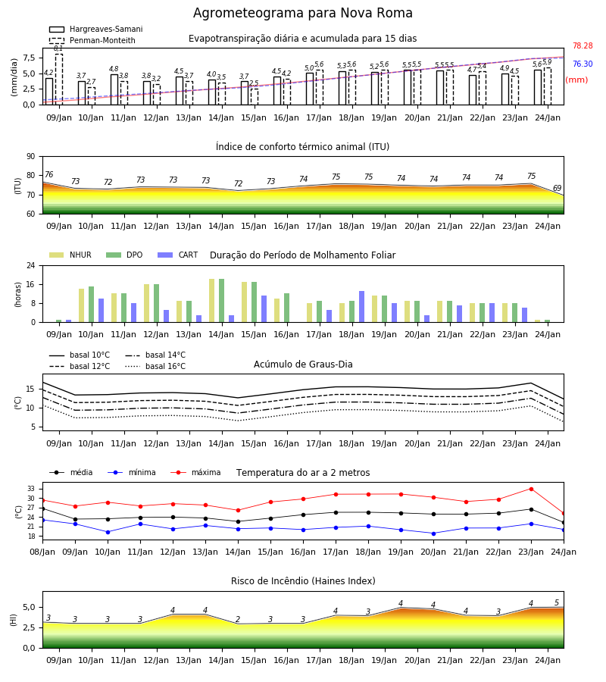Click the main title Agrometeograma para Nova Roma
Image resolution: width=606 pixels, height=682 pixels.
pyautogui.click(x=302, y=13)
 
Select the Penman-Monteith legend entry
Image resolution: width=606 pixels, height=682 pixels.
pyautogui.click(x=92, y=40)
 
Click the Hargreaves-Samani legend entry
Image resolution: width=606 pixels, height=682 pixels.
pyautogui.click(x=96, y=29)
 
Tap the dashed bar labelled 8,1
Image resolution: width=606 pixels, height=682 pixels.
pyautogui.click(x=58, y=79)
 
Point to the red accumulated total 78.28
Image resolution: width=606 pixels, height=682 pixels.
pyautogui.click(x=583, y=45)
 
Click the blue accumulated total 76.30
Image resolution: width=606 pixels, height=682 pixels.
pyautogui.click(x=583, y=64)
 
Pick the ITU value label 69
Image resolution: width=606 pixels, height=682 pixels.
pyautogui.click(x=557, y=189)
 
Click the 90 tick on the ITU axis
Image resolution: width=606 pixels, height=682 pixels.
pyautogui.click(x=31, y=157)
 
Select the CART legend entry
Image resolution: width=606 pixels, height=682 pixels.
pyautogui.click(x=178, y=255)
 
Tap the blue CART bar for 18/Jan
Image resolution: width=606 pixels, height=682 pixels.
pyautogui.click(x=361, y=307)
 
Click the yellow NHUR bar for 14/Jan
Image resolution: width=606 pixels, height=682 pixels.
pyautogui.click(x=211, y=301)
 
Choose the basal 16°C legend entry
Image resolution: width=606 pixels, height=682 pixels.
pyautogui.click(x=155, y=366)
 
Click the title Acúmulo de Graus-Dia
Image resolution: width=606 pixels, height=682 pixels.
pyautogui.click(x=303, y=364)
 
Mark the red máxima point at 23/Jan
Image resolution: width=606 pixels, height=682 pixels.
pyautogui.click(x=531, y=489)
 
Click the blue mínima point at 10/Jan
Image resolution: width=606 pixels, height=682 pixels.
pyautogui.click(x=108, y=532)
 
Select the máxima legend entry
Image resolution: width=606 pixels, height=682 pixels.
pyautogui.click(x=196, y=472)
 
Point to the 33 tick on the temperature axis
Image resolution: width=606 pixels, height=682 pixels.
pyautogui.click(x=31, y=489)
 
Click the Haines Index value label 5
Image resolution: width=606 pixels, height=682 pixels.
pyautogui.click(x=557, y=603)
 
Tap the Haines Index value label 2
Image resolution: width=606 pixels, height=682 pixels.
pyautogui.click(x=238, y=619)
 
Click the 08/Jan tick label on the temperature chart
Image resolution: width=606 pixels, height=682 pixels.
pyautogui.click(x=42, y=552)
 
